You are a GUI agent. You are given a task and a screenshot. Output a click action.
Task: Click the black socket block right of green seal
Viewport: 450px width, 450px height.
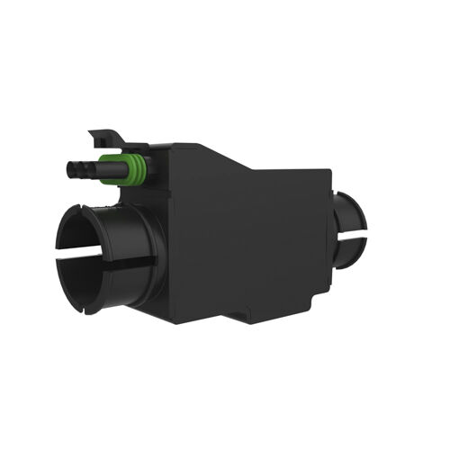click(153, 171)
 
